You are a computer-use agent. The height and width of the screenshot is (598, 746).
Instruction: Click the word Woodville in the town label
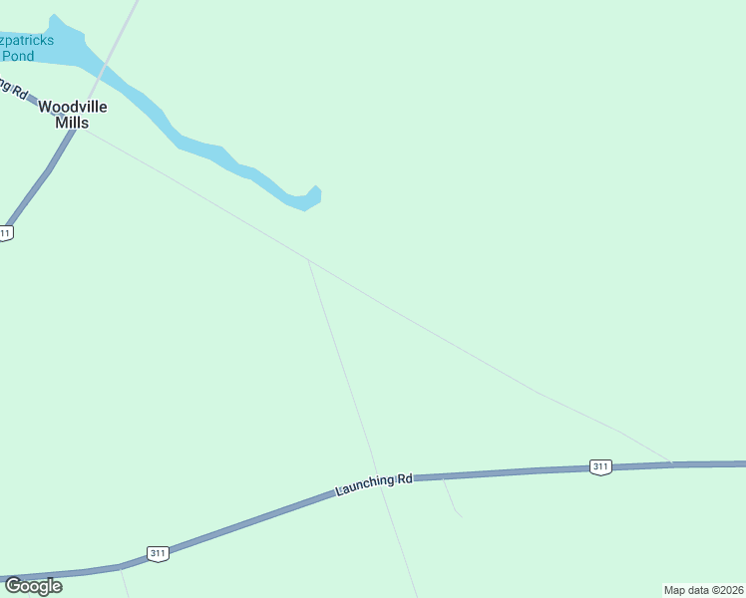tap(73, 107)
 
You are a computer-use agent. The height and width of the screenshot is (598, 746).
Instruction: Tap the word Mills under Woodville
tap(73, 123)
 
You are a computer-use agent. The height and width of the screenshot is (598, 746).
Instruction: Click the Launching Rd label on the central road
tap(374, 484)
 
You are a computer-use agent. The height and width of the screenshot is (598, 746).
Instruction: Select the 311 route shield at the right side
tap(599, 466)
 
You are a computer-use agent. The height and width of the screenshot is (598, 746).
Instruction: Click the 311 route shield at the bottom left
tap(157, 553)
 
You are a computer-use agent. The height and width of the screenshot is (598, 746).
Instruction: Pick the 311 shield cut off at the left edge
tap(5, 233)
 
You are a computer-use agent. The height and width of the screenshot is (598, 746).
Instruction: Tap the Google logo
tap(33, 586)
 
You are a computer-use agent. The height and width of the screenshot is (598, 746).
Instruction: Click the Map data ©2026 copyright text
tap(703, 590)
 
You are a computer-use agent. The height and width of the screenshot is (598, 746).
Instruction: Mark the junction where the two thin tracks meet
tap(309, 261)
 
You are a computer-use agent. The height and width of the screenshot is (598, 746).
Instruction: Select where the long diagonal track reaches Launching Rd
tap(671, 463)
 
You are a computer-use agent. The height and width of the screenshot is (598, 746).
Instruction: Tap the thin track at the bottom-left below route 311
tap(125, 583)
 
